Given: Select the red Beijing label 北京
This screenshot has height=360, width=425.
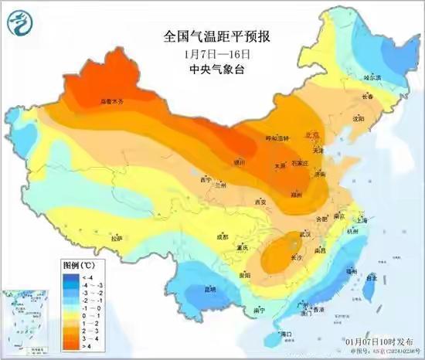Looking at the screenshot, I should pyautogui.click(x=313, y=134).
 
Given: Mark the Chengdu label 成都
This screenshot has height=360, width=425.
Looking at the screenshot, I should pyautogui.click(x=223, y=236).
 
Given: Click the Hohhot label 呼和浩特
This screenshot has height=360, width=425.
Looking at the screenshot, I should pyautogui.click(x=276, y=138).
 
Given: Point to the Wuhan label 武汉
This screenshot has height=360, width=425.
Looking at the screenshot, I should pyautogui.click(x=304, y=233).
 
